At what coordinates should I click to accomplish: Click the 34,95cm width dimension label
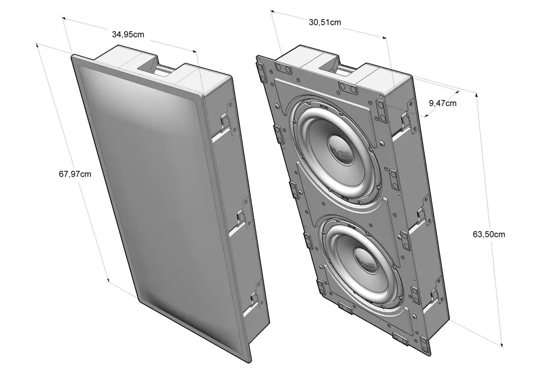[128, 34]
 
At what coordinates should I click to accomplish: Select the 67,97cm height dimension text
[75, 173]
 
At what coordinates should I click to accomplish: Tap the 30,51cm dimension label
[324, 22]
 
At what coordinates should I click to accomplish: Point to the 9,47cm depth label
[442, 103]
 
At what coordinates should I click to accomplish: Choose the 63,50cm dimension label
[488, 234]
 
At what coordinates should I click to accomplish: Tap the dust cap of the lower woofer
[365, 261]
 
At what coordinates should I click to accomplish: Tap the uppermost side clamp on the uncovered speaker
[406, 121]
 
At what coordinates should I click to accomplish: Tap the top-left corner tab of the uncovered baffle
[260, 68]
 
